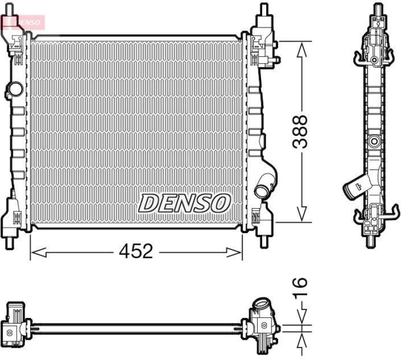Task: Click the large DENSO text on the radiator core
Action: [x=184, y=203]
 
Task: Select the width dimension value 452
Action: [x=136, y=251]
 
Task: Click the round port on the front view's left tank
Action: [x=14, y=90]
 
